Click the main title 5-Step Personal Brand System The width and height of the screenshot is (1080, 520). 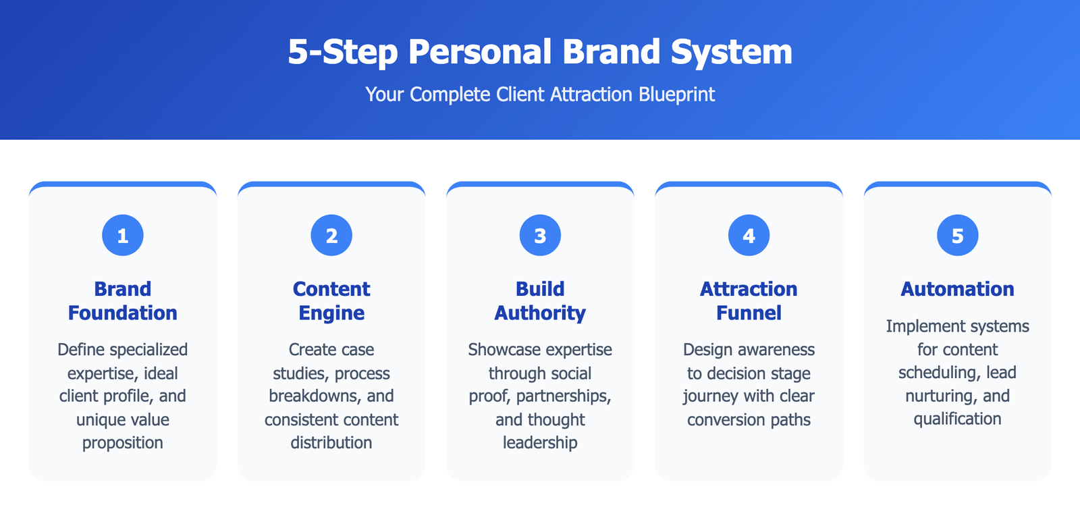click(540, 51)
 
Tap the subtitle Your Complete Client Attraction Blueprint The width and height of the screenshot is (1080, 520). click(540, 95)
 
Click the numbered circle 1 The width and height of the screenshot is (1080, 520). click(122, 236)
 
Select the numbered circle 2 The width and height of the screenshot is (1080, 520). click(331, 236)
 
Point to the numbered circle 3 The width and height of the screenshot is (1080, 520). click(540, 236)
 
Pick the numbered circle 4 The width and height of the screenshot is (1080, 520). click(749, 236)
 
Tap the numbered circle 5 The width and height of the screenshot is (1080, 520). click(958, 236)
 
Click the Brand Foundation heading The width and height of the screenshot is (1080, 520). click(122, 301)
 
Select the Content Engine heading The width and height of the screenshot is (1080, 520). click(331, 301)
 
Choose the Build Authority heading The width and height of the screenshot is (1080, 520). click(540, 301)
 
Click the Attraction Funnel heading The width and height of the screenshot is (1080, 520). click(749, 301)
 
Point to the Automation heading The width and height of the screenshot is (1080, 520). click(958, 289)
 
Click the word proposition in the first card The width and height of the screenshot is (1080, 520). click(122, 443)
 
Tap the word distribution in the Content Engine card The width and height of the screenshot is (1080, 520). click(331, 442)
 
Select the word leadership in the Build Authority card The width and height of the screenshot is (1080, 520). click(540, 443)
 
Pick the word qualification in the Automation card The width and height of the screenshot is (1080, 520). click(958, 419)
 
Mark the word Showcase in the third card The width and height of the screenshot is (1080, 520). click(499, 349)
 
